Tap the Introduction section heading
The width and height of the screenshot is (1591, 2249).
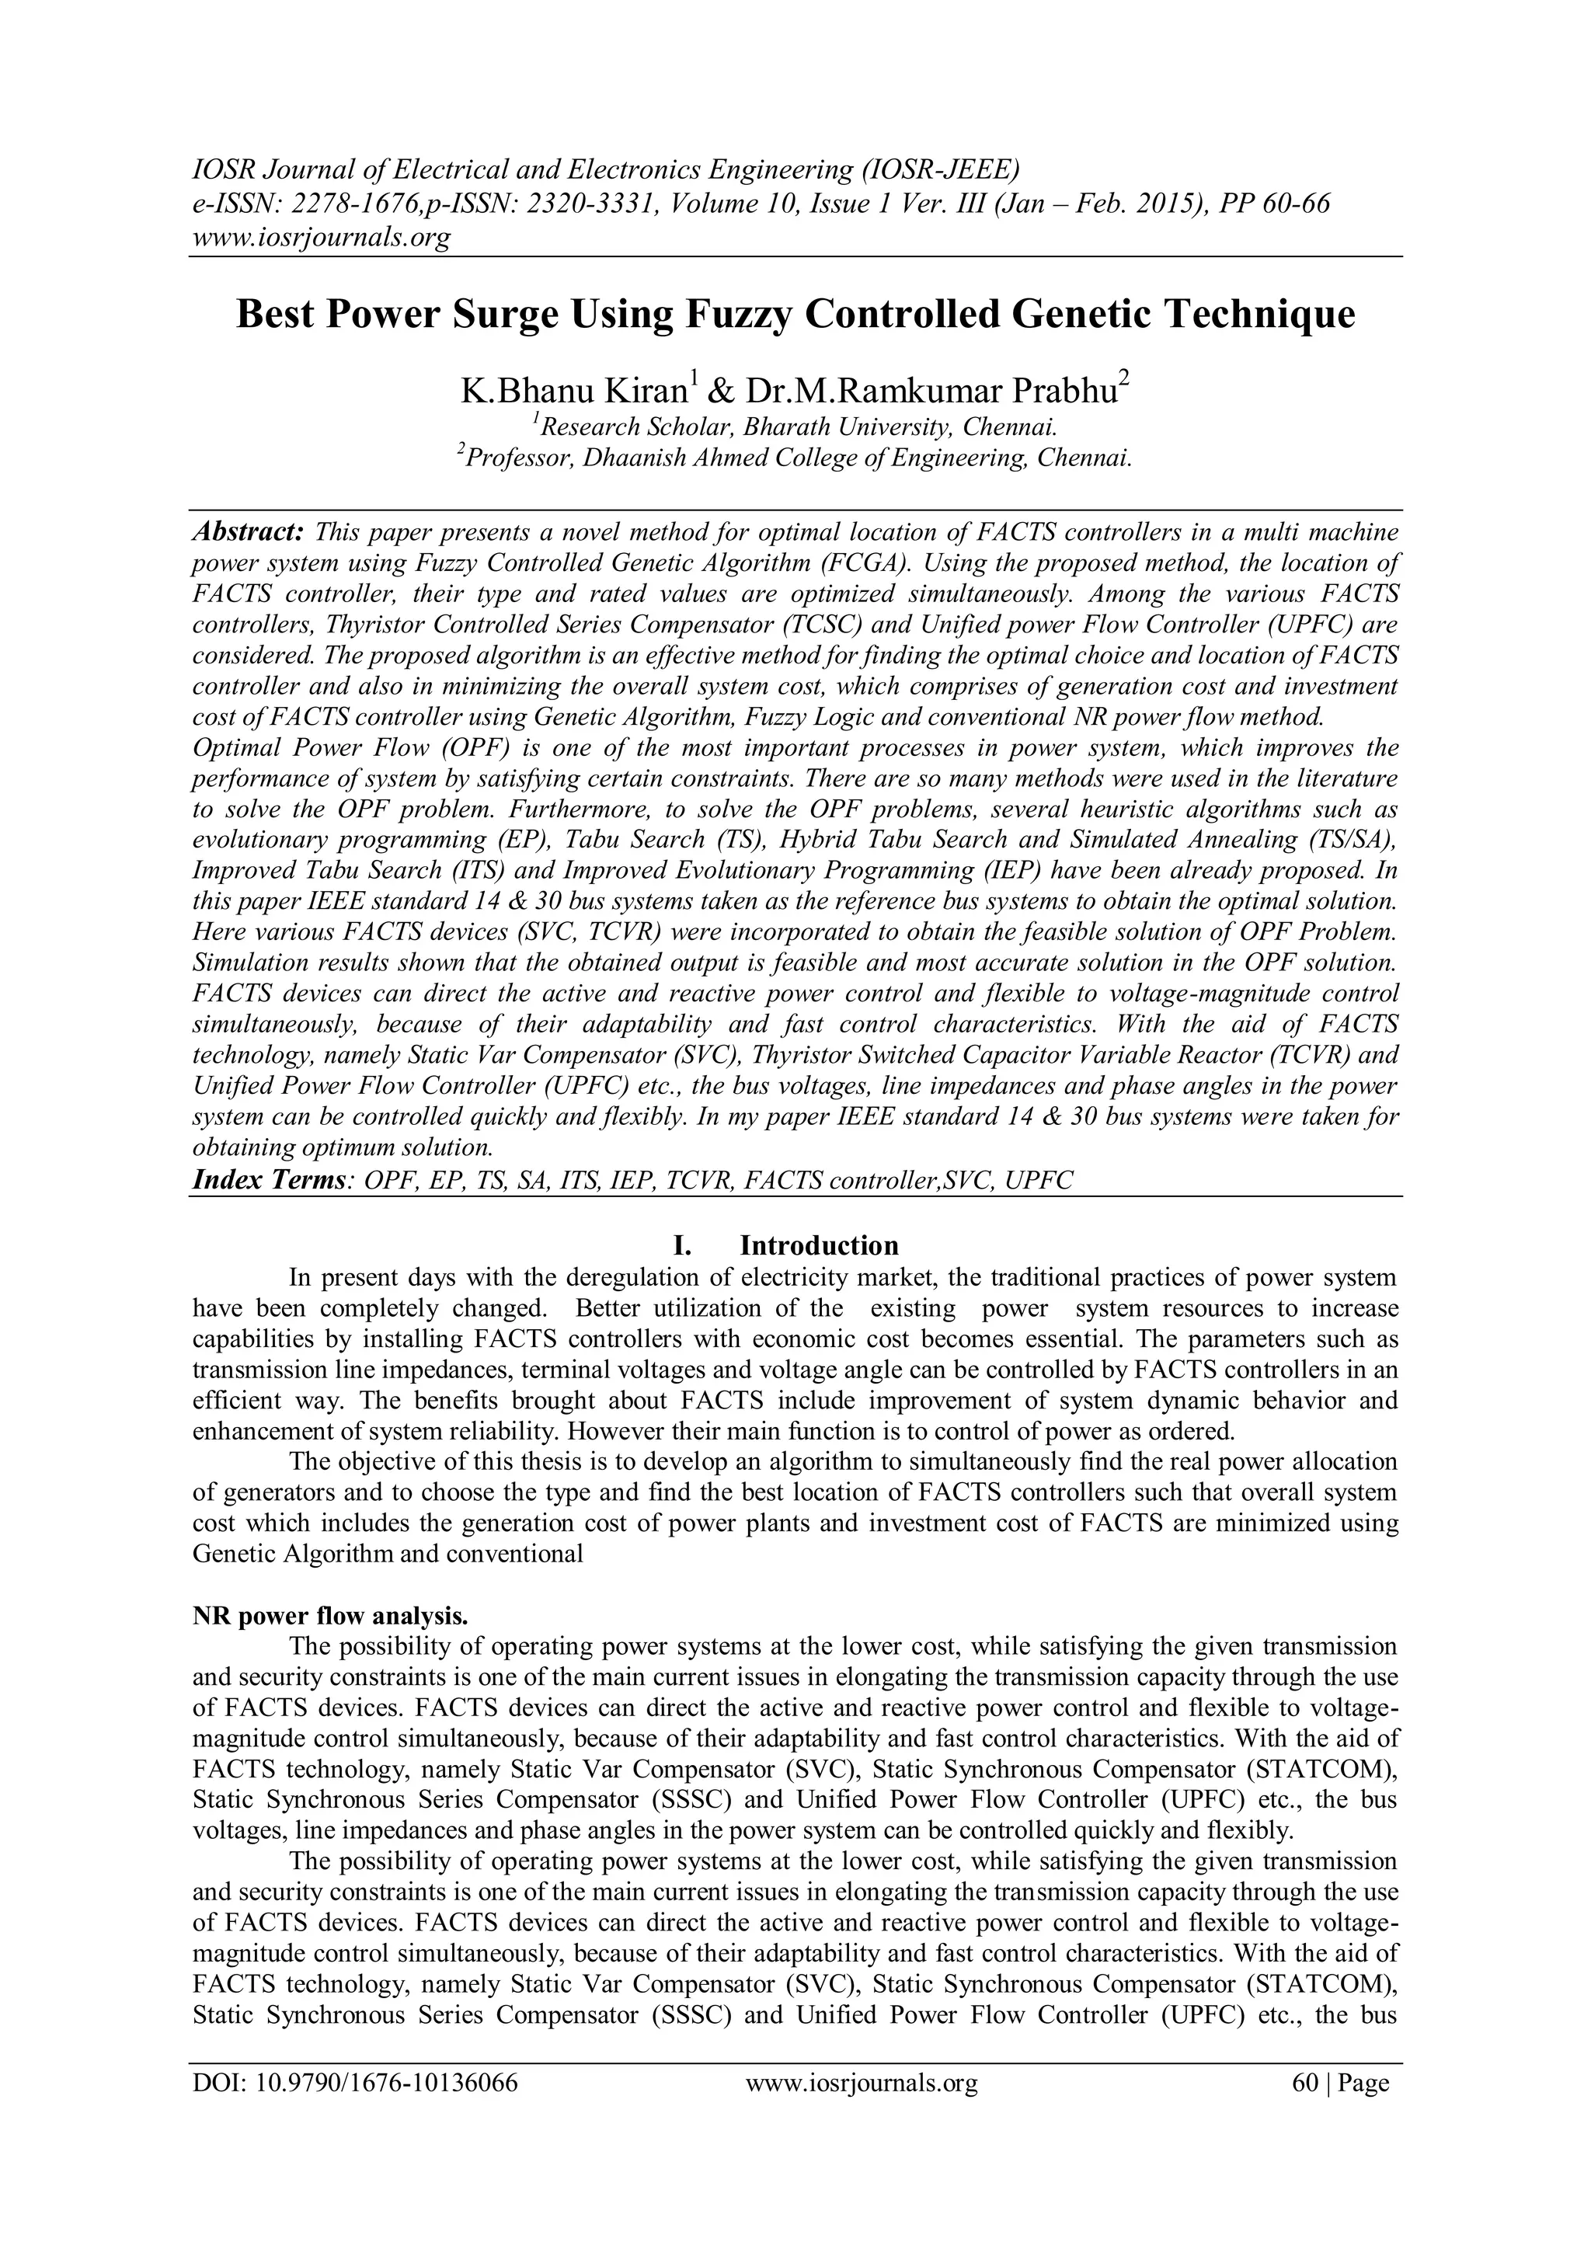[x=818, y=1246]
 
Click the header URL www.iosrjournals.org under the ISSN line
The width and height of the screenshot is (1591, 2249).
[x=319, y=237]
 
